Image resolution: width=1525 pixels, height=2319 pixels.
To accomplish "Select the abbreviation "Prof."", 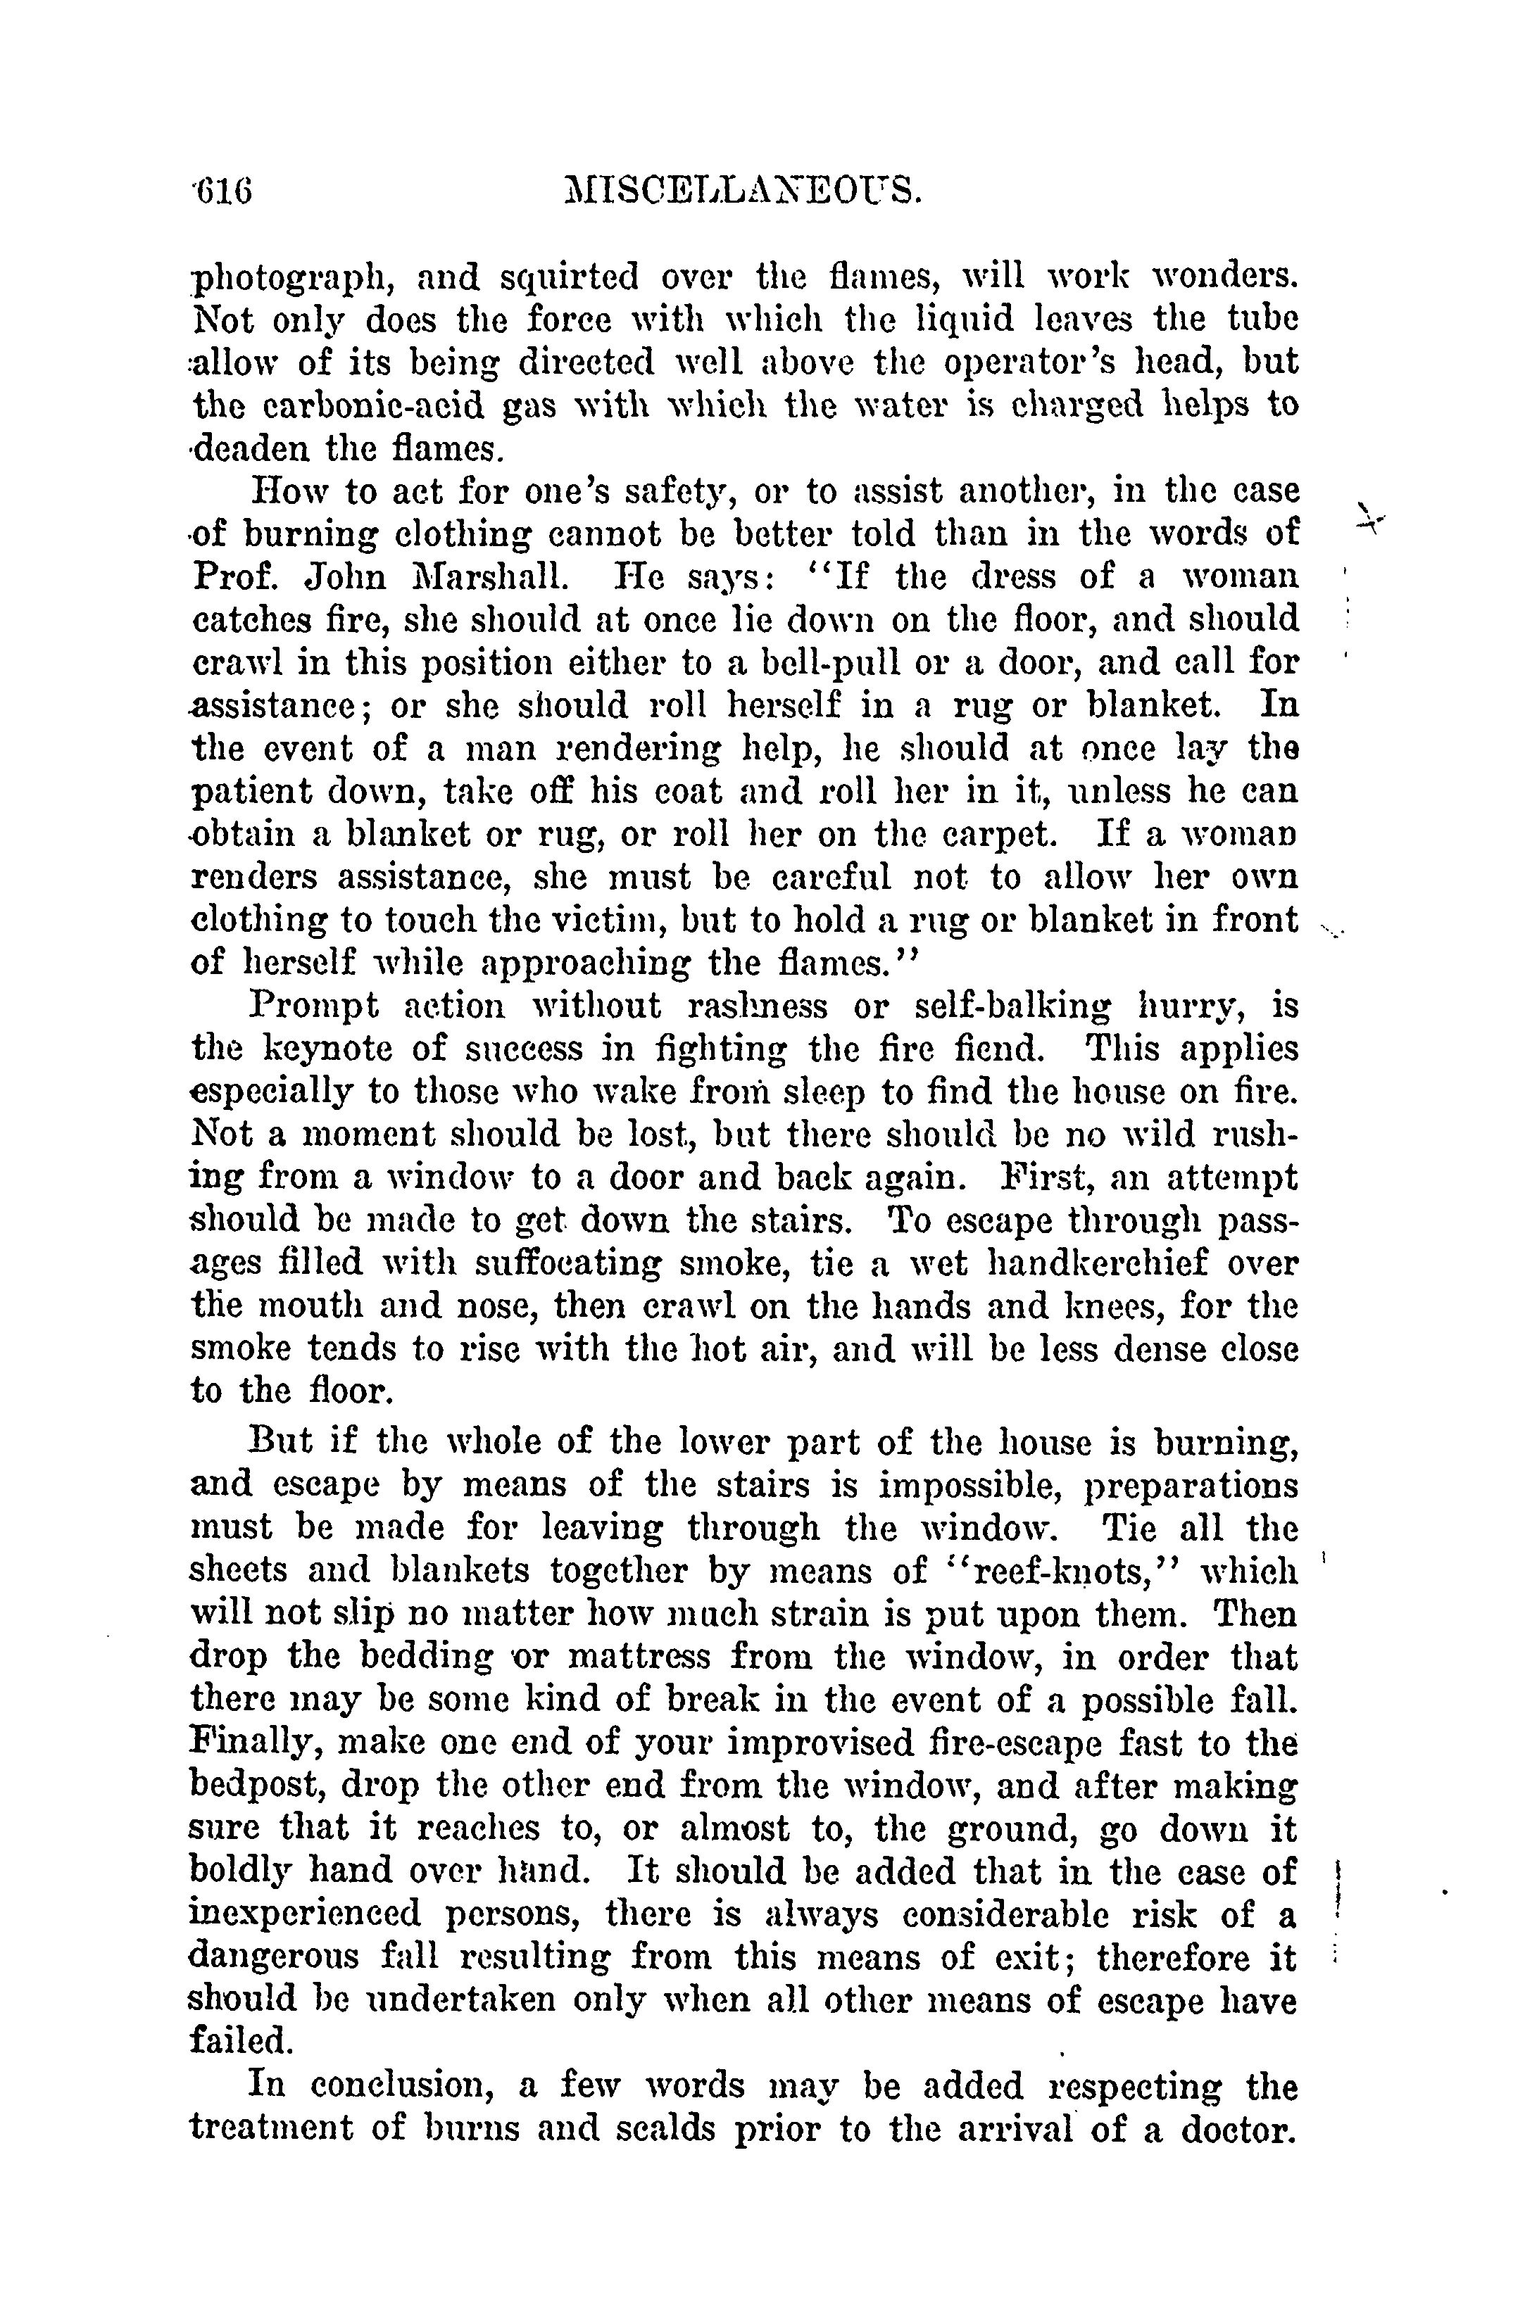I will (233, 577).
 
